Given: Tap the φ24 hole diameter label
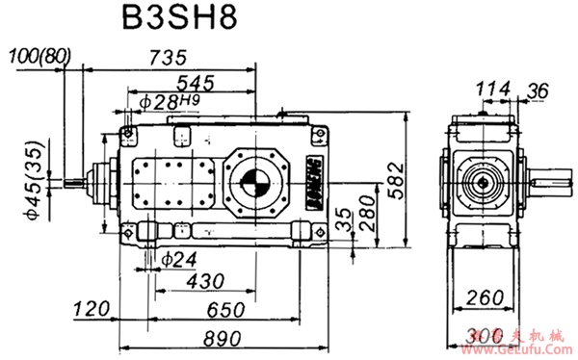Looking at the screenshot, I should [x=180, y=258].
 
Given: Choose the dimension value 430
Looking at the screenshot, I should [x=206, y=280].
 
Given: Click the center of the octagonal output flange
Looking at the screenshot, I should [x=255, y=181].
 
